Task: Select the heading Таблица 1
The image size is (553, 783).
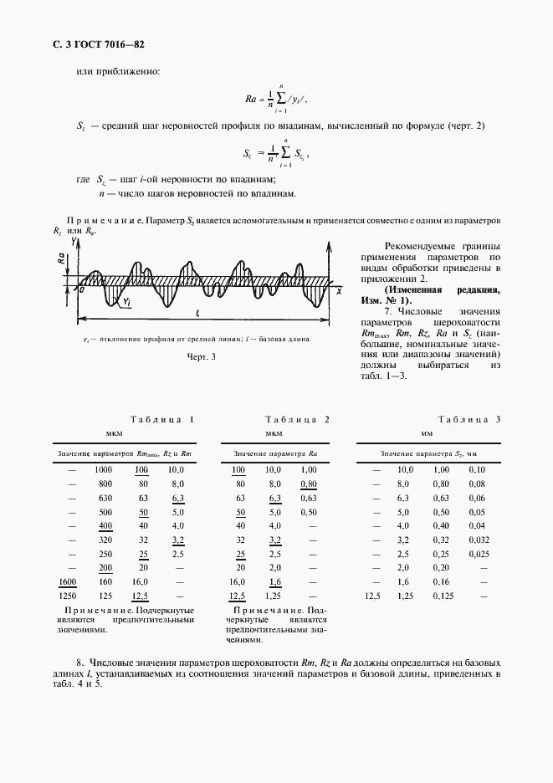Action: [x=162, y=419]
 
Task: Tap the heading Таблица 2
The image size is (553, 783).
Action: [x=297, y=419]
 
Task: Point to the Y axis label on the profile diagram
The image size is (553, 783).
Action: [x=74, y=240]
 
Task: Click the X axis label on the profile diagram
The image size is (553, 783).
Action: [x=339, y=292]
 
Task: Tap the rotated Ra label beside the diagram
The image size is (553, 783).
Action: [x=62, y=261]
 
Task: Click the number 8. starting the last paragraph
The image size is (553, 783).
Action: [x=79, y=663]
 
